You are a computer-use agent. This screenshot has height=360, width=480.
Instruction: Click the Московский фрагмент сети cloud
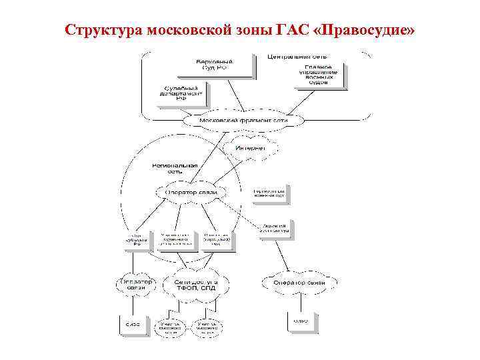[243, 121]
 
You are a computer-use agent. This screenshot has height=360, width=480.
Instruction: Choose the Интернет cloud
[249, 147]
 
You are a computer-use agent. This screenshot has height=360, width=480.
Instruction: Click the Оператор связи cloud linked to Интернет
[191, 193]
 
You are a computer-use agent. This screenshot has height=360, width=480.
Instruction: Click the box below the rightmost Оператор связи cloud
[301, 321]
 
